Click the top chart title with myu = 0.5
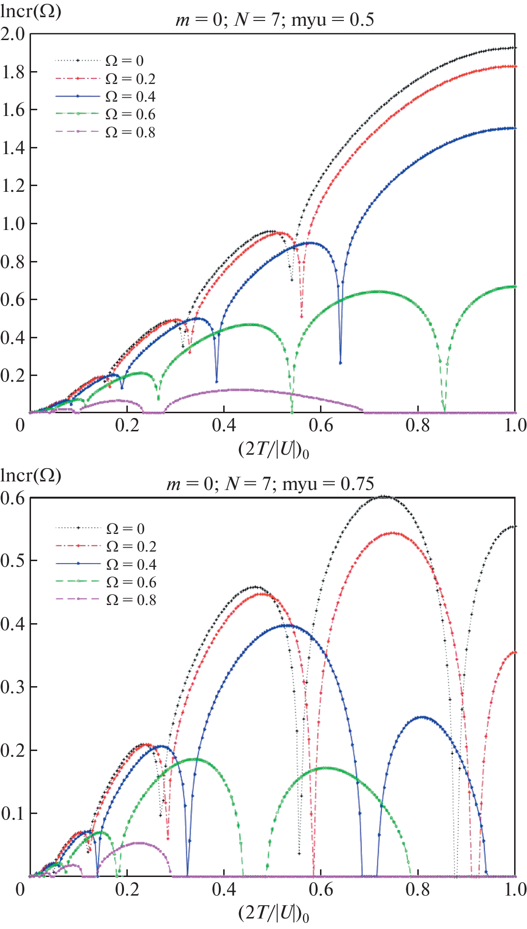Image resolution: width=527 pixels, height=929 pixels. (275, 20)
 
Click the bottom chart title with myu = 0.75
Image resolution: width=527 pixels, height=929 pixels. (270, 484)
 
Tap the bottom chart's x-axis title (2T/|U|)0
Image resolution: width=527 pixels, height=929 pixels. (274, 913)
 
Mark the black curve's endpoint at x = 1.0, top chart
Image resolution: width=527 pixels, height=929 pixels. (515, 48)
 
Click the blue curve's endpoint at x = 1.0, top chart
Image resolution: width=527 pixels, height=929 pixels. (515, 128)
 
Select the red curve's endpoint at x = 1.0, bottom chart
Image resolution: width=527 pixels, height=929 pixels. (515, 652)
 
